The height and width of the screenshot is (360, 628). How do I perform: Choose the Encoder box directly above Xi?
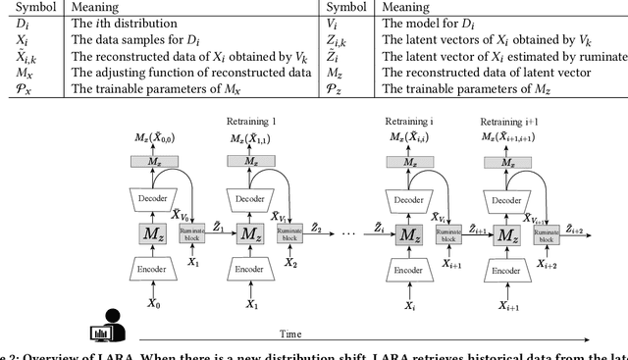[x=407, y=268]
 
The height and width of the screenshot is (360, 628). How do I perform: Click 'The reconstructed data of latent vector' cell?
[x=471, y=72]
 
